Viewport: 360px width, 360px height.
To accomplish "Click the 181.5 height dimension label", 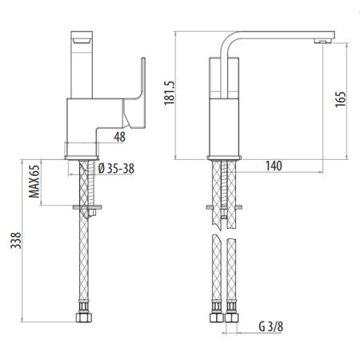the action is tap(170, 93).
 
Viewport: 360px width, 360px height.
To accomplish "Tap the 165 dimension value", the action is tap(340, 99).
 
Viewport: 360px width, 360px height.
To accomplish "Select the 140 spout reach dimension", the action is tap(274, 166).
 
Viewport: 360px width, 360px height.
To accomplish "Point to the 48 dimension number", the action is tap(119, 137).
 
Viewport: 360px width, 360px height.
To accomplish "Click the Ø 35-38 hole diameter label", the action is tap(116, 169).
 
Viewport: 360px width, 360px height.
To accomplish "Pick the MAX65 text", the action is tap(34, 182).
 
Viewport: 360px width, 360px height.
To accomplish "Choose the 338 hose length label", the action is tap(16, 240).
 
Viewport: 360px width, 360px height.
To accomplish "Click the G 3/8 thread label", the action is tap(270, 326).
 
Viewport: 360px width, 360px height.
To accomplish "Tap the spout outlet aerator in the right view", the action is tap(322, 41).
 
